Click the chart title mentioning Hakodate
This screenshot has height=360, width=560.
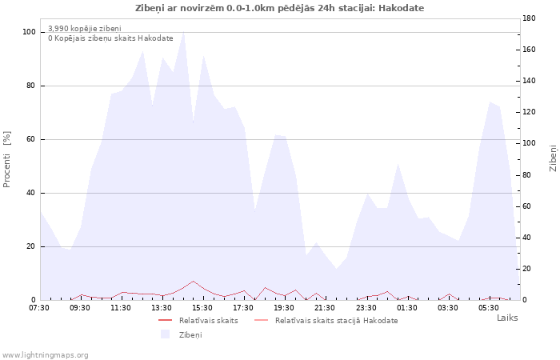click(280, 8)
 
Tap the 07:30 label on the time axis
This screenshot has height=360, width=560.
click(39, 307)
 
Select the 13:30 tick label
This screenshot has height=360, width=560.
click(162, 307)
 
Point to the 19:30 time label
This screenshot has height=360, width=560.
click(284, 307)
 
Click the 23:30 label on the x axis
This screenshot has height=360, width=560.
click(366, 307)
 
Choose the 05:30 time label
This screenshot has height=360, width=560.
click(489, 307)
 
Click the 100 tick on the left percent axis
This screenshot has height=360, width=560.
click(29, 32)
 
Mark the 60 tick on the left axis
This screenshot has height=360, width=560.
click(30, 139)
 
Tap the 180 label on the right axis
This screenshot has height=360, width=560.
click(529, 18)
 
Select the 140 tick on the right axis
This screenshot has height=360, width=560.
click(529, 81)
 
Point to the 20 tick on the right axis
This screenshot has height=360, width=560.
click(526, 269)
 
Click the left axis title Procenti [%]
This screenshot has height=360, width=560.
click(6, 159)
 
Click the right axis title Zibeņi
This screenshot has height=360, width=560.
click(554, 158)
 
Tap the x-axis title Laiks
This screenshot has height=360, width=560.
click(507, 318)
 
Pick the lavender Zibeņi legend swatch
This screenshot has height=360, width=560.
click(165, 334)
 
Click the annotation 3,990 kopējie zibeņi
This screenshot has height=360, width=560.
click(85, 29)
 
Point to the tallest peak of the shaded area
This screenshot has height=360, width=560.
click(183, 32)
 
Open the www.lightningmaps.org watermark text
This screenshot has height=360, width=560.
click(45, 355)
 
